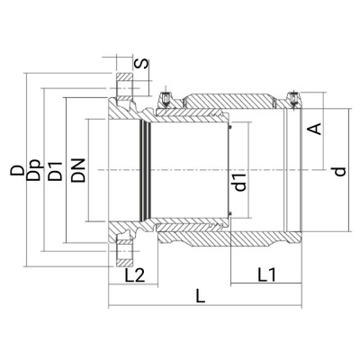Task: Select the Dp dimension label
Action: click(34, 170)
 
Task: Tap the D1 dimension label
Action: click(56, 170)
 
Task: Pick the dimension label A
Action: click(314, 129)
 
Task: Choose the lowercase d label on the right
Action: click(339, 170)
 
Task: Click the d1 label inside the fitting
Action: click(241, 183)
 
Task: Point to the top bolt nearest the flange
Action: click(166, 99)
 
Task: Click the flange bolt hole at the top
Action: click(121, 88)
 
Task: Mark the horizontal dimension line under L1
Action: click(261, 284)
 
